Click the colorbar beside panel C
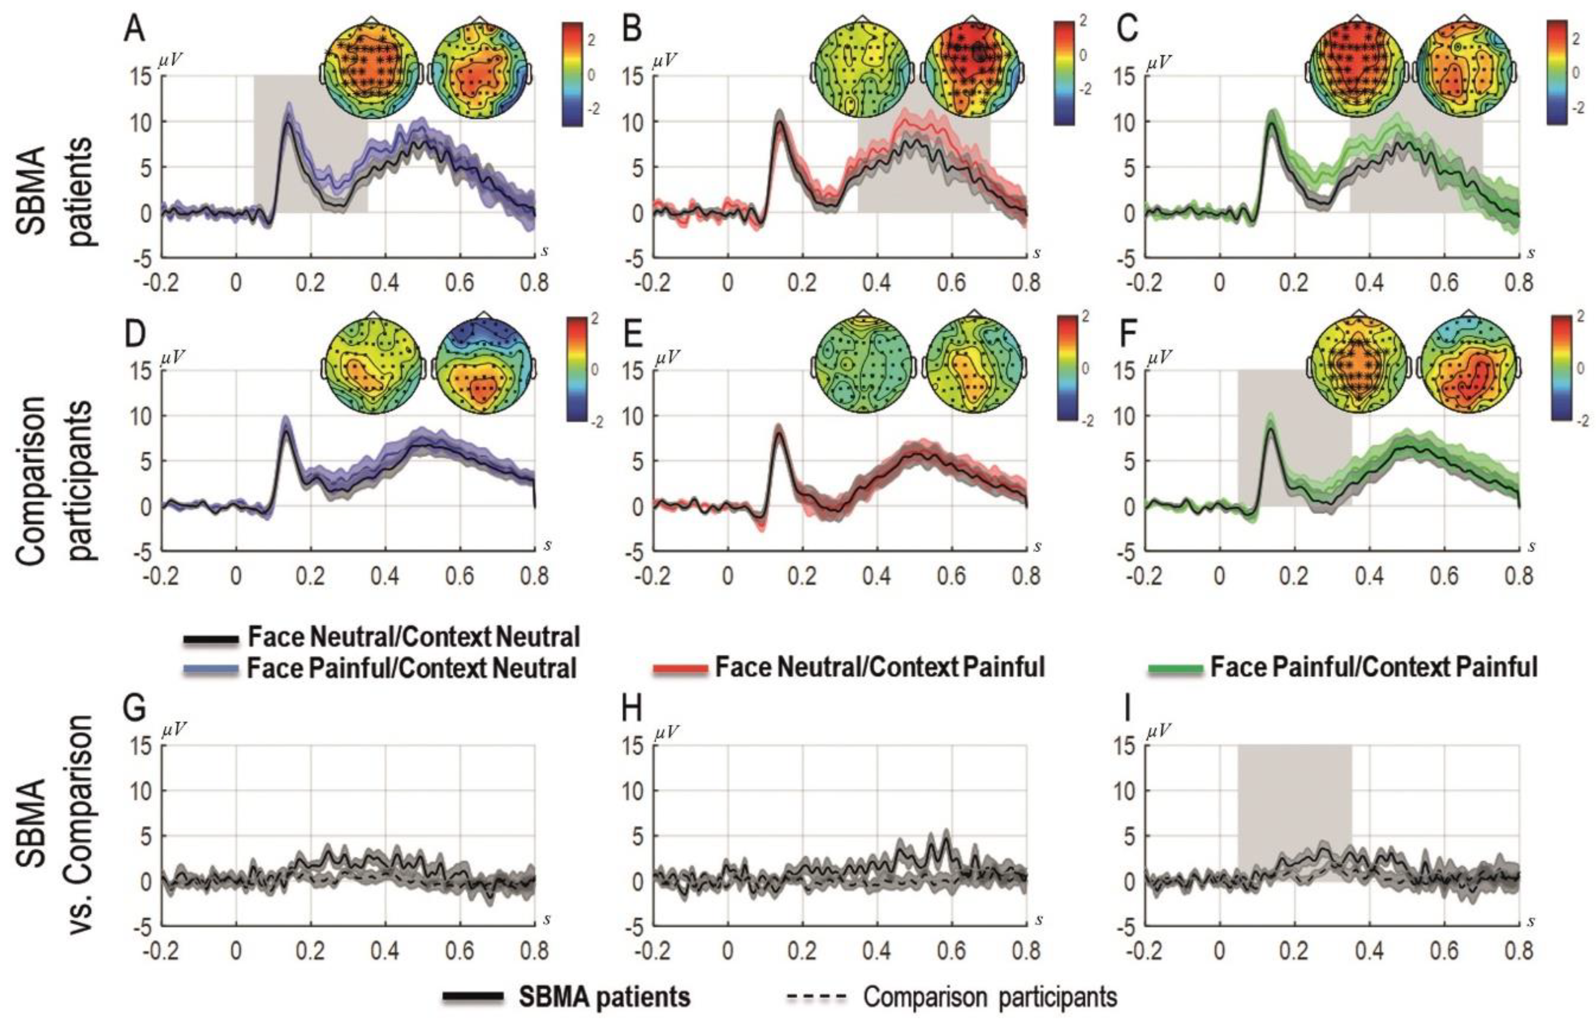tap(1557, 73)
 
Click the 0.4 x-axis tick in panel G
tap(385, 950)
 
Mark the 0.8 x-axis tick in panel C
tap(1518, 283)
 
